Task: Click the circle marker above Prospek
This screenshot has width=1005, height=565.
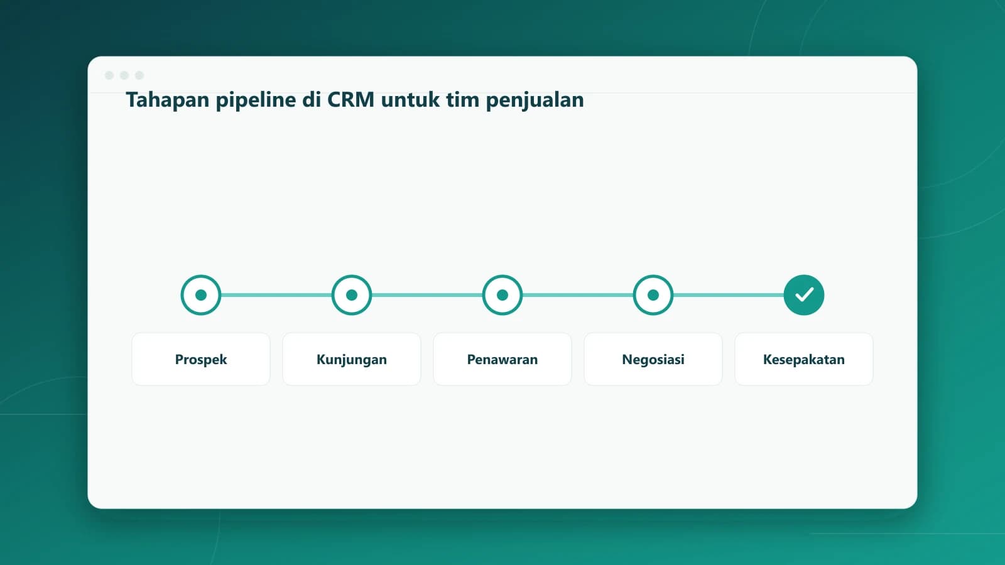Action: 201,295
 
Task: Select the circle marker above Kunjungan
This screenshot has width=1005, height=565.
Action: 352,295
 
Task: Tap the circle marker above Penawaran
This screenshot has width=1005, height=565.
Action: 503,295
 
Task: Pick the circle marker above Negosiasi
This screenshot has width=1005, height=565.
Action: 653,295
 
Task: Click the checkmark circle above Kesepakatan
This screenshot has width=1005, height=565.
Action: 804,295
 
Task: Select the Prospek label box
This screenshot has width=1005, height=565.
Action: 201,359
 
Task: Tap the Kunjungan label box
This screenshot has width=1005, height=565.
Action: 352,359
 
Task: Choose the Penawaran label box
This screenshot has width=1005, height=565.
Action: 503,359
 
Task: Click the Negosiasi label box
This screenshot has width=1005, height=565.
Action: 653,359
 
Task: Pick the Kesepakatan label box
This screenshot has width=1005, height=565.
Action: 804,359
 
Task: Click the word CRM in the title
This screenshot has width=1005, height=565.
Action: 350,100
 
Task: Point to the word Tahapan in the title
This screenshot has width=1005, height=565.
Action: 167,100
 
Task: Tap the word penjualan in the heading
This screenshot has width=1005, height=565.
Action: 535,100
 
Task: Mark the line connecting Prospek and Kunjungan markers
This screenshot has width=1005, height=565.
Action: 276,295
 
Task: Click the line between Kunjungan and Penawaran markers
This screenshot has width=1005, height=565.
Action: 427,295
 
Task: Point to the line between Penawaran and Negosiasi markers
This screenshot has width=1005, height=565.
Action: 578,295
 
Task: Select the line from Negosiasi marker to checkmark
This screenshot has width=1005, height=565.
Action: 729,295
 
